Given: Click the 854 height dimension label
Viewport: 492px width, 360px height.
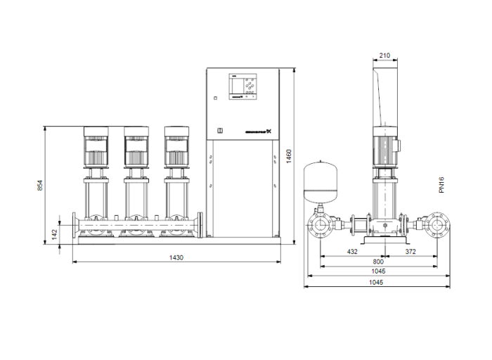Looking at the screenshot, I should click(x=40, y=186).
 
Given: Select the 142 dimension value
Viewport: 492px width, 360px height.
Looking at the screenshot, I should click(x=55, y=235).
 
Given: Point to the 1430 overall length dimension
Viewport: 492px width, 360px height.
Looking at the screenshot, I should click(x=176, y=258).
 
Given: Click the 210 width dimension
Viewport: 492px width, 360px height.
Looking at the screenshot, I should click(x=384, y=56).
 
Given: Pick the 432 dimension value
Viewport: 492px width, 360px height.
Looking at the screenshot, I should click(x=351, y=251).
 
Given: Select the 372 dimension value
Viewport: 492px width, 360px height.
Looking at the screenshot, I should click(x=410, y=251).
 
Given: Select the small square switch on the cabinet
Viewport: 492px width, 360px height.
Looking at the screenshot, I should click(x=219, y=130).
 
